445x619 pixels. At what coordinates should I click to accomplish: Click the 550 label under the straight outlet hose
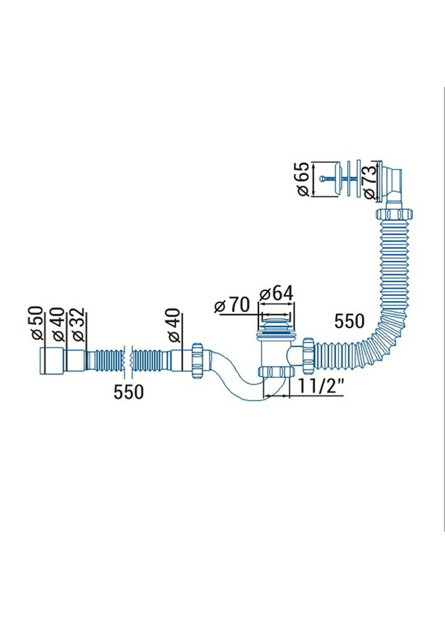(129, 391)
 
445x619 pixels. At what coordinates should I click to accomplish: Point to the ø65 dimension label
(302, 179)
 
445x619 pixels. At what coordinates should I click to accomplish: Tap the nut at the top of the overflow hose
(395, 214)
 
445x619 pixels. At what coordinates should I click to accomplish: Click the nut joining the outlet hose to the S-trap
(197, 360)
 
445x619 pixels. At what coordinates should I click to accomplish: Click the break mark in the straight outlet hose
(128, 360)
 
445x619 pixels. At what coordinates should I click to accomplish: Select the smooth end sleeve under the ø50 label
(52, 360)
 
